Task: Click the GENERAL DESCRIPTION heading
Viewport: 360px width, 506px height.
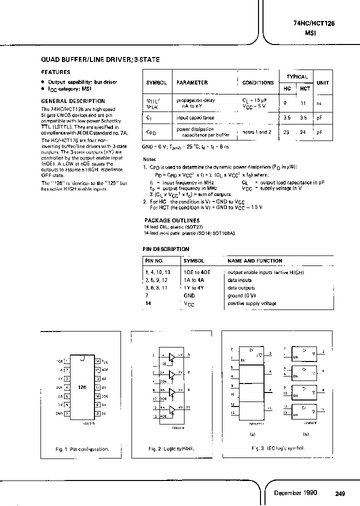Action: [x=72, y=101]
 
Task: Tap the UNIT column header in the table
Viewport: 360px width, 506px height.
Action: [x=323, y=82]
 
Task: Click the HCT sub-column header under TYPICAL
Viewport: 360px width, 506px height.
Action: [x=305, y=88]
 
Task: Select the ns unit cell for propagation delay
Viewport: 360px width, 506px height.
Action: [x=319, y=103]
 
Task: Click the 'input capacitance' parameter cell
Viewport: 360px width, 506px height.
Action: [x=195, y=118]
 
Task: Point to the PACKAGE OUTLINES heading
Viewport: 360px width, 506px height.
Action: [x=172, y=220]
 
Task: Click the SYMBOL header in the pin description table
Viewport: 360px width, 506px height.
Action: [x=194, y=260]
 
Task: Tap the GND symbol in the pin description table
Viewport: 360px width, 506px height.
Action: [x=189, y=295]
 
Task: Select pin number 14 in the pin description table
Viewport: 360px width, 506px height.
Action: [x=148, y=303]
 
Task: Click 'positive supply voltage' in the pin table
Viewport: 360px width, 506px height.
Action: [x=252, y=303]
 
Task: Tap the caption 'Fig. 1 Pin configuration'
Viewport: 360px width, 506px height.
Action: [x=82, y=449]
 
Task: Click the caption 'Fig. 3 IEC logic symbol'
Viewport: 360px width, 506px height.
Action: [x=278, y=448]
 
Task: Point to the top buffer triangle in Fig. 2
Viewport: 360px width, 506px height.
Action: [x=172, y=357]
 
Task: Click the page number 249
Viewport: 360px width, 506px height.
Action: [x=340, y=494]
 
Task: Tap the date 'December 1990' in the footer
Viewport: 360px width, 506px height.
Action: [x=295, y=493]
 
